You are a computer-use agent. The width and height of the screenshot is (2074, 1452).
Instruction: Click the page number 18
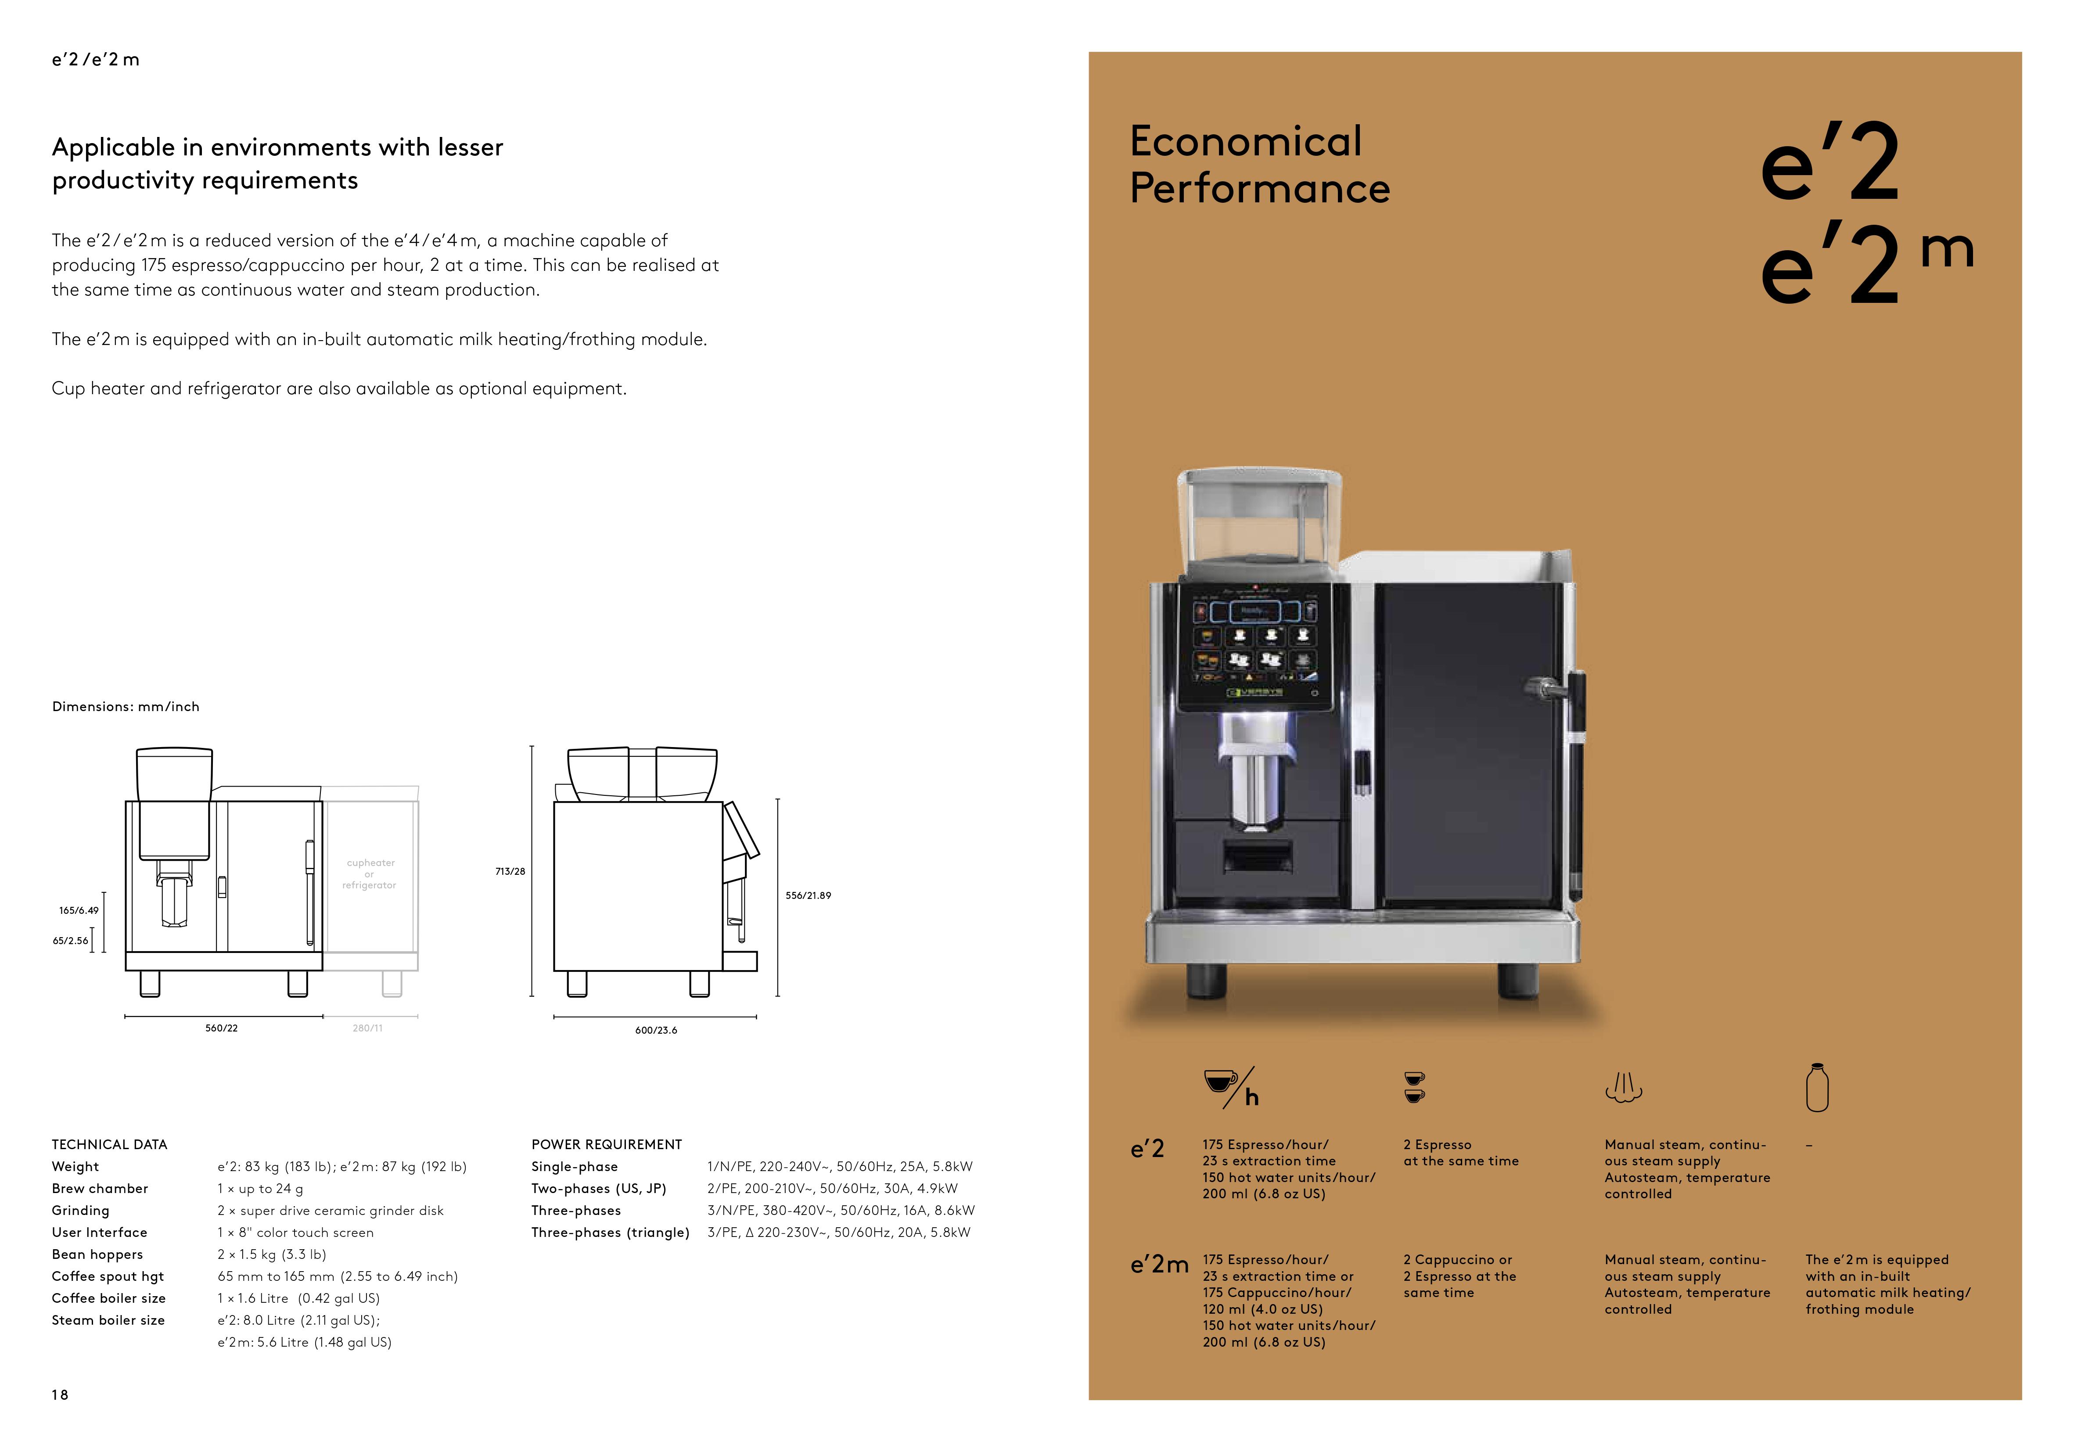pos(60,1395)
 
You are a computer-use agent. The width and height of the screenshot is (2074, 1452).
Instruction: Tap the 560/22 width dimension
pos(221,1028)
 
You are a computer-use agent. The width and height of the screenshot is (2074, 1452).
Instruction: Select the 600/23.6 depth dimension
pos(656,1030)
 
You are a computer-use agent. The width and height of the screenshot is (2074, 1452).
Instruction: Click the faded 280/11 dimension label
pos(368,1028)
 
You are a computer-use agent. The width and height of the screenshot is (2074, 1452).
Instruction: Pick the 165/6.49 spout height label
pos(79,911)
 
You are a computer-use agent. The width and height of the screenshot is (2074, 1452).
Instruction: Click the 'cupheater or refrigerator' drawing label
pos(370,874)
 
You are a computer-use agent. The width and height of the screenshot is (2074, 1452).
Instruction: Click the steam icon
pos(1623,1088)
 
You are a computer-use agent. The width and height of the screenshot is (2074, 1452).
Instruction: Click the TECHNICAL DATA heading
pos(109,1145)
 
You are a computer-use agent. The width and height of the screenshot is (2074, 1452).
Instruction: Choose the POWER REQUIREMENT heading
pos(606,1145)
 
